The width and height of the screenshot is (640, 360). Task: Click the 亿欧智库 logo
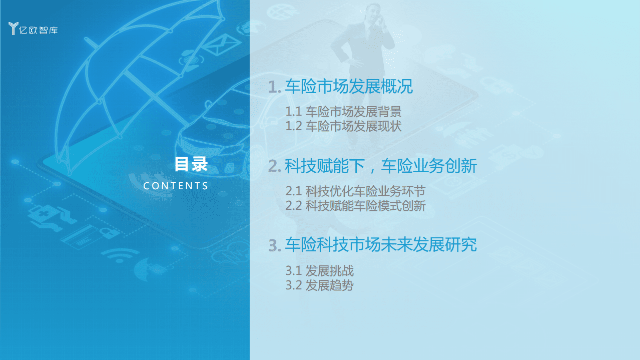(x=34, y=29)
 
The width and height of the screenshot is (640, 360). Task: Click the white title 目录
(x=191, y=164)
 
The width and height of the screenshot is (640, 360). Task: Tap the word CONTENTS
(x=176, y=186)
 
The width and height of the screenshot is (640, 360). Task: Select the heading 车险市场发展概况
(x=349, y=87)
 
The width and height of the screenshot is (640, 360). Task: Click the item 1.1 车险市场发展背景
(x=343, y=111)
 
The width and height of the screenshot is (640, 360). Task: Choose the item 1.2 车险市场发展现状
(x=343, y=126)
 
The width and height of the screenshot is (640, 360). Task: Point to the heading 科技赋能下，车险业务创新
(x=381, y=166)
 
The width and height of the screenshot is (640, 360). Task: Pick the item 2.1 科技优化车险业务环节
(x=355, y=191)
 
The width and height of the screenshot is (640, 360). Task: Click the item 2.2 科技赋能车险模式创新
(x=355, y=205)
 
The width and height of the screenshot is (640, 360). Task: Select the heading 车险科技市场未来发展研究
(x=381, y=245)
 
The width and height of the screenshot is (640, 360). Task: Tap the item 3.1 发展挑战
(x=319, y=271)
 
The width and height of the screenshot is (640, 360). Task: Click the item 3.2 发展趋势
(x=319, y=285)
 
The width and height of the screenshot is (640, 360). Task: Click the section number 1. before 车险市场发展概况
(x=275, y=87)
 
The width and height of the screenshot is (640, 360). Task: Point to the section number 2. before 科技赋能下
(x=275, y=166)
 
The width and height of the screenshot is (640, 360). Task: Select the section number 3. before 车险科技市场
(x=275, y=245)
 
